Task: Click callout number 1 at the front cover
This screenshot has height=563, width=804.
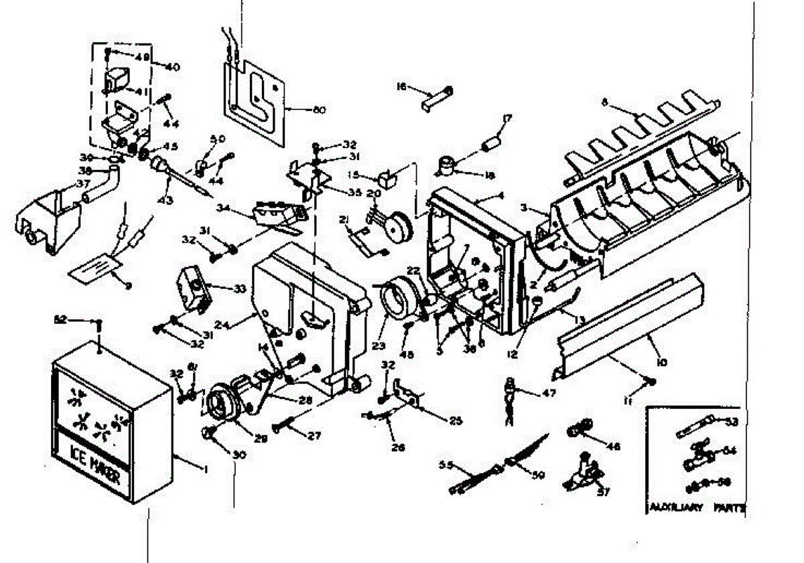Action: pos(206,469)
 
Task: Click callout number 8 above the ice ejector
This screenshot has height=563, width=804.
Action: pos(605,102)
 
